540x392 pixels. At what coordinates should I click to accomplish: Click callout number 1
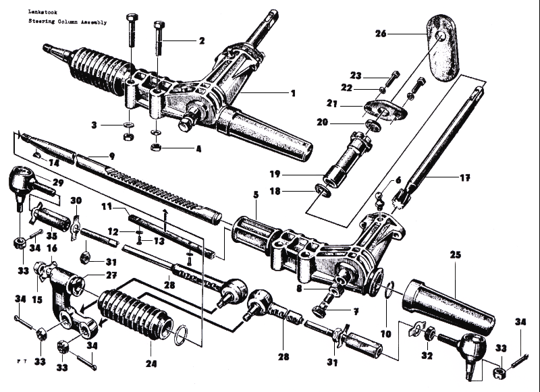click(293, 93)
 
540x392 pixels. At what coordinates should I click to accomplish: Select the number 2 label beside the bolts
click(201, 41)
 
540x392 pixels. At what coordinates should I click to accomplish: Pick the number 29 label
click(57, 183)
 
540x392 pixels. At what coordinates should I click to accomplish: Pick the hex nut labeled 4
click(155, 146)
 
